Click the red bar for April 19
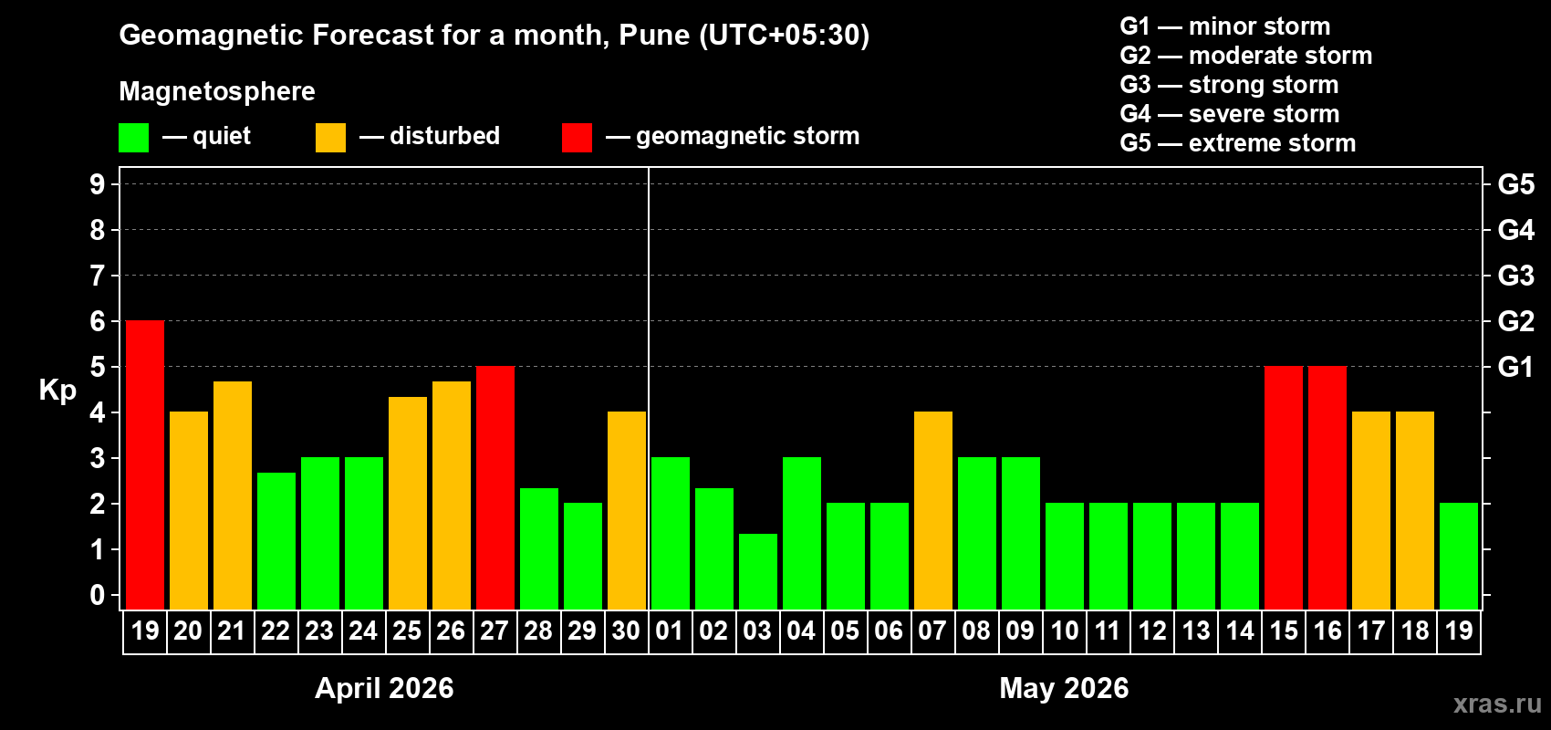[145, 464]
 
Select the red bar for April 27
[495, 487]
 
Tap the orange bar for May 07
[933, 510]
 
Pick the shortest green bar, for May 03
[758, 571]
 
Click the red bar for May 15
[1284, 487]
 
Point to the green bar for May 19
[1459, 556]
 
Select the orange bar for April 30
[627, 510]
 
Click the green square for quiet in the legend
[133, 138]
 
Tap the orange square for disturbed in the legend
[330, 138]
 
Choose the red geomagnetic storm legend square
[577, 138]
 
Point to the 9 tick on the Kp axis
[98, 184]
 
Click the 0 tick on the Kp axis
[98, 596]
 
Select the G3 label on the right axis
[1515, 276]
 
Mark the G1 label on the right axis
[1515, 367]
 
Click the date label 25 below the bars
[407, 631]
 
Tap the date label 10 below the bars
[1064, 631]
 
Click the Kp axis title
[57, 391]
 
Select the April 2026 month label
[384, 688]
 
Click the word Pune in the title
[654, 35]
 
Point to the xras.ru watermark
[1497, 703]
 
